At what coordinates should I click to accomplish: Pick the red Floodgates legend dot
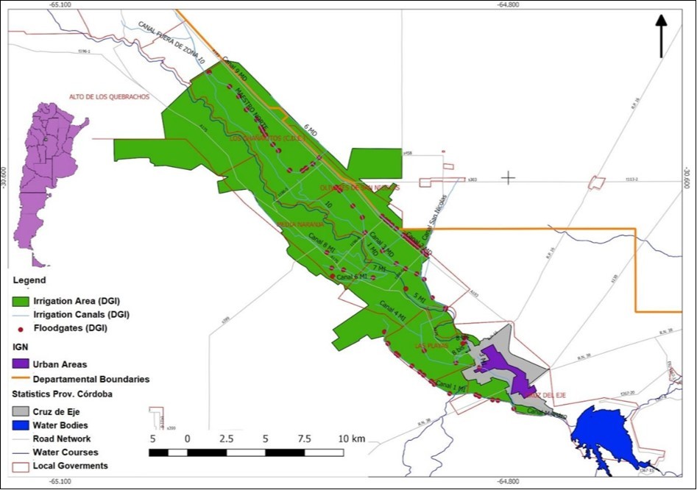point(21,329)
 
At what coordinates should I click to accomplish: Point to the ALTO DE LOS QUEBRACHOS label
point(109,97)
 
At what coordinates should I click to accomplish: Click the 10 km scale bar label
point(353,439)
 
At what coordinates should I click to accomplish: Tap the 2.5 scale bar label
point(226,439)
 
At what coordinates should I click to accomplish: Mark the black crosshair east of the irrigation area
point(508,177)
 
